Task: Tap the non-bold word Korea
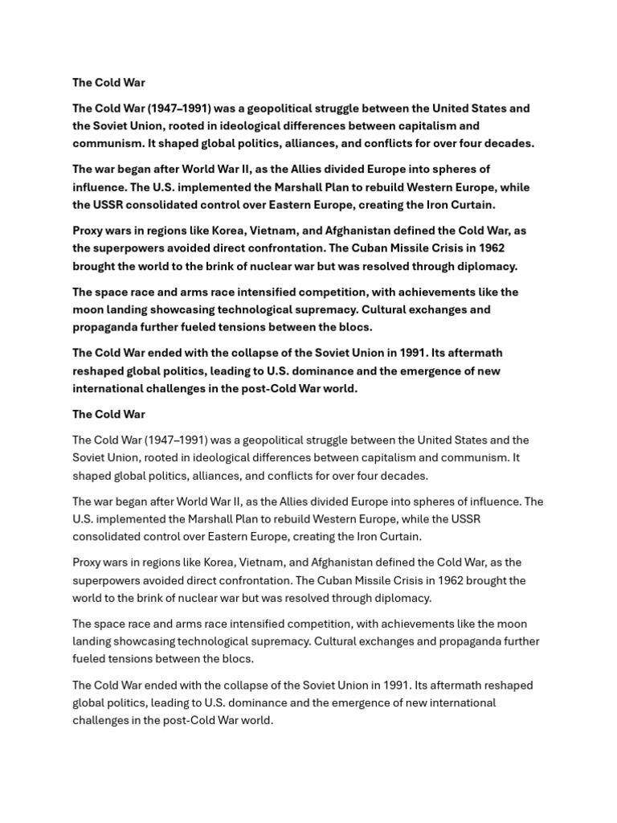point(206,563)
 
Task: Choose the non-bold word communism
point(470,458)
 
